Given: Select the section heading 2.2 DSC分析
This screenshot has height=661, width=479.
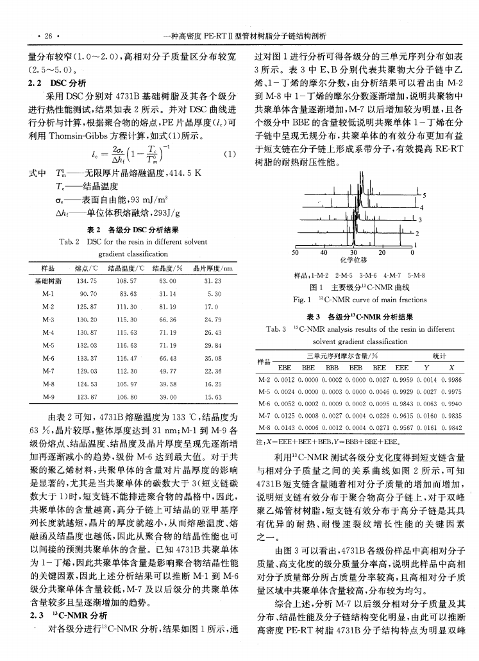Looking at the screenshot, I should pos(55,83).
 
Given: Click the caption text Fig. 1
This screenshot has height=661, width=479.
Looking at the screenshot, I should pos(301,300).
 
